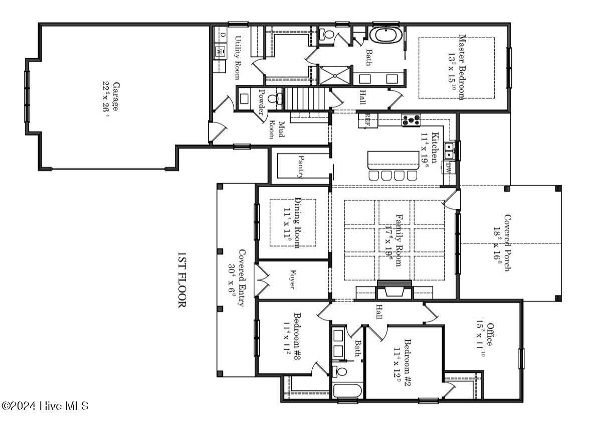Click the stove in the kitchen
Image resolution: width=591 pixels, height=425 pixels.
pyautogui.click(x=412, y=120)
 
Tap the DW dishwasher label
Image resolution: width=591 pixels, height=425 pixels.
pyautogui.click(x=448, y=169)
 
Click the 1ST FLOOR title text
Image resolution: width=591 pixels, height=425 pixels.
pyautogui.click(x=181, y=280)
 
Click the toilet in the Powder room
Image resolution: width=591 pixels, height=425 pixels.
pyautogui.click(x=274, y=98)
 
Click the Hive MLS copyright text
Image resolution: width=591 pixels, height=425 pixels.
pyautogui.click(x=45, y=405)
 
